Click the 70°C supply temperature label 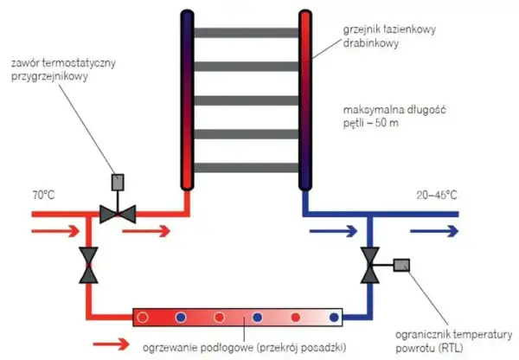pyautogui.click(x=43, y=195)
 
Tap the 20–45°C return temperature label pyautogui.click(x=437, y=195)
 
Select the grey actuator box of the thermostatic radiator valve pyautogui.click(x=118, y=182)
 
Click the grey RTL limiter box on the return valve pyautogui.click(x=401, y=266)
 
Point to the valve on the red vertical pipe pyautogui.click(x=88, y=265)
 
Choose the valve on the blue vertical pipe pyautogui.click(x=369, y=265)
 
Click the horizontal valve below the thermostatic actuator pyautogui.click(x=118, y=215)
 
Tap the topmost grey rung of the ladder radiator pyautogui.click(x=246, y=33)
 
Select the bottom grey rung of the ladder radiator pyautogui.click(x=246, y=168)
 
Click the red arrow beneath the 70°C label pyautogui.click(x=55, y=231)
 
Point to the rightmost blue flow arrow pyautogui.click(x=434, y=231)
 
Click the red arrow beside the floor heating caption pyautogui.click(x=112, y=344)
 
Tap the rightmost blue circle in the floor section pyautogui.click(x=334, y=318)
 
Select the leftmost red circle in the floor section pyautogui.click(x=143, y=318)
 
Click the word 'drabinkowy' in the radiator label pyautogui.click(x=371, y=43)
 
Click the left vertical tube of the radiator pyautogui.click(x=187, y=100)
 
